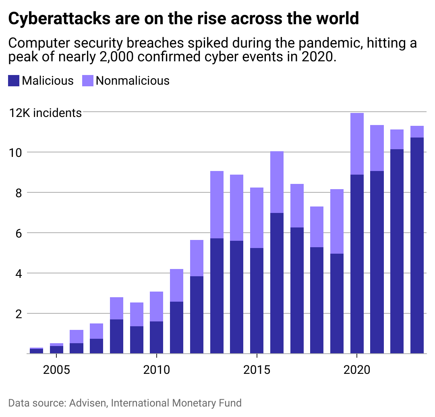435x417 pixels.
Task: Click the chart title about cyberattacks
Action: pyautogui.click(x=183, y=19)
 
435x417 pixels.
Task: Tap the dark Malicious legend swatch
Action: pyautogui.click(x=14, y=81)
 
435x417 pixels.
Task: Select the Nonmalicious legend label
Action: pyautogui.click(x=133, y=81)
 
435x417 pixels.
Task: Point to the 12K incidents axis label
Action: pyautogui.click(x=46, y=113)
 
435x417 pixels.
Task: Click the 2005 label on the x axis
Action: pyautogui.click(x=56, y=369)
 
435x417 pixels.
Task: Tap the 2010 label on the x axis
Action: pyautogui.click(x=156, y=369)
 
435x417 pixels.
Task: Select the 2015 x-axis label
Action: pyautogui.click(x=257, y=369)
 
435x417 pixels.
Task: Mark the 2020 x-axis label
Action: pyautogui.click(x=357, y=369)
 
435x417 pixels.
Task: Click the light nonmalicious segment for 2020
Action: pyautogui.click(x=357, y=144)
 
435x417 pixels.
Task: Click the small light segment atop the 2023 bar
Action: pyautogui.click(x=417, y=131)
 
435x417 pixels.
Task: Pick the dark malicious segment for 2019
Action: pyautogui.click(x=337, y=303)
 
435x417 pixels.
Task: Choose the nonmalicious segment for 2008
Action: pyautogui.click(x=116, y=308)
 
